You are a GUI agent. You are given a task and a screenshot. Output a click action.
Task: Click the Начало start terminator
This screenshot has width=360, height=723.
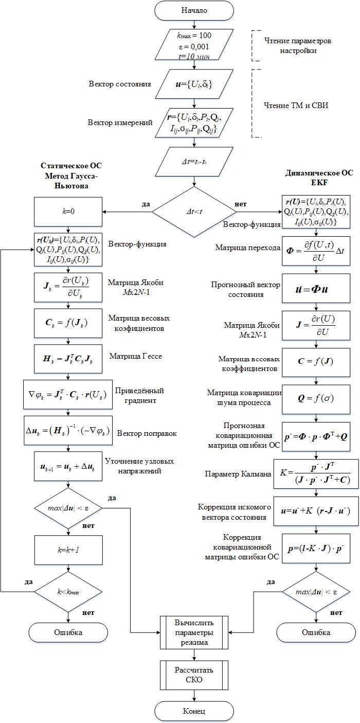[x=193, y=10]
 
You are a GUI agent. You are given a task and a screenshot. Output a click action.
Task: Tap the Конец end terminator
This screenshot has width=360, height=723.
[x=193, y=711]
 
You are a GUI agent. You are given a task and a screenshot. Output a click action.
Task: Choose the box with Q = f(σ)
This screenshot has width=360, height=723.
[x=316, y=399]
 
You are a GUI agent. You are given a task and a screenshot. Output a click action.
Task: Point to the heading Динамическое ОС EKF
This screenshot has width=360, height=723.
[x=319, y=177]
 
